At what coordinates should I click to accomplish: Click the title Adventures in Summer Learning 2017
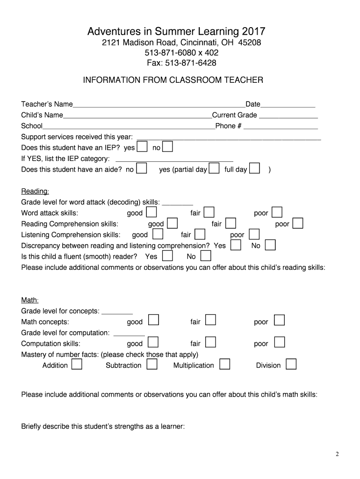click(x=176, y=32)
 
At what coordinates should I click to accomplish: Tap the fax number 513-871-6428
click(x=176, y=63)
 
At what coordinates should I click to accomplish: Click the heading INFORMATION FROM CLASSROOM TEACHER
click(x=173, y=80)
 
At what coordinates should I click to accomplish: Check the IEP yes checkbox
click(x=142, y=147)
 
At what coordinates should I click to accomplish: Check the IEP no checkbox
click(x=167, y=147)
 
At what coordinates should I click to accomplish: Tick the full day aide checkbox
click(x=255, y=169)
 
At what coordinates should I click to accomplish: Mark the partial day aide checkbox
click(x=214, y=169)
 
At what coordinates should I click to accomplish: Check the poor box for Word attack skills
click(x=277, y=213)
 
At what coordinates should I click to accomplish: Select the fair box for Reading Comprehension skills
click(x=230, y=224)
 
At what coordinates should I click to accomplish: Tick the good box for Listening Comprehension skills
click(x=158, y=234)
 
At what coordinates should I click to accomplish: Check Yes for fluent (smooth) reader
click(x=167, y=256)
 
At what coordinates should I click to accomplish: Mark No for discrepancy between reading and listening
click(x=270, y=245)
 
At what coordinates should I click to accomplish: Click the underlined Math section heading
click(x=30, y=300)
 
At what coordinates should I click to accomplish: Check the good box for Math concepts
click(x=153, y=321)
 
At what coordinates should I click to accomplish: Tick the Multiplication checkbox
click(x=224, y=365)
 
